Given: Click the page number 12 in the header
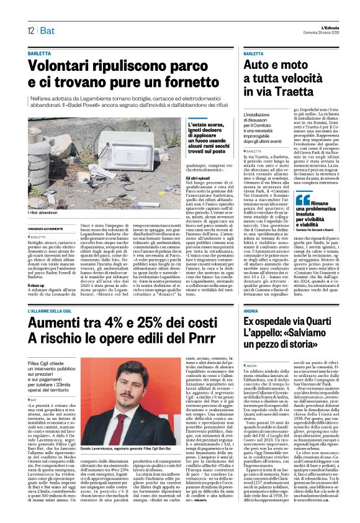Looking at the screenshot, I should [x=30, y=30].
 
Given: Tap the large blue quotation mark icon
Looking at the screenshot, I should [x=302, y=199].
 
